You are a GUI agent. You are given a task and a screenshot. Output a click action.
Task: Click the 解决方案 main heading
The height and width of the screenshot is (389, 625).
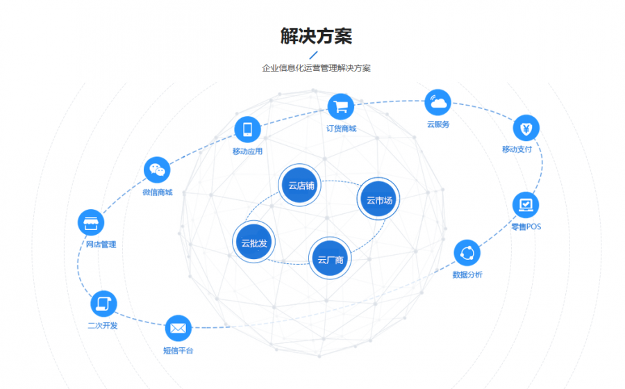(x=316, y=36)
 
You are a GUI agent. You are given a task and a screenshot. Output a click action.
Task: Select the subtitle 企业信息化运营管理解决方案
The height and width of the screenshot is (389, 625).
(x=316, y=68)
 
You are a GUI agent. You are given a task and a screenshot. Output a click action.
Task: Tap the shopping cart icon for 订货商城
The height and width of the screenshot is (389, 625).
(x=341, y=107)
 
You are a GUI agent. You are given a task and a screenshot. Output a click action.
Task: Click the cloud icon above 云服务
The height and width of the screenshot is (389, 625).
(x=438, y=102)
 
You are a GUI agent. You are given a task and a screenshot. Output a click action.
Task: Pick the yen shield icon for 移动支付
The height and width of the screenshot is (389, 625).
(x=526, y=129)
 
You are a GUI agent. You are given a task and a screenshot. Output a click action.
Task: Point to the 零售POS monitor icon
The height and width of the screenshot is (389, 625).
(x=526, y=205)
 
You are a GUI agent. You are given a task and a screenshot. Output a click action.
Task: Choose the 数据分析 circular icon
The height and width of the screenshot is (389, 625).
(x=467, y=253)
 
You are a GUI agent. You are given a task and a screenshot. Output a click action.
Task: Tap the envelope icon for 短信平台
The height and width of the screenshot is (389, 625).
(x=178, y=329)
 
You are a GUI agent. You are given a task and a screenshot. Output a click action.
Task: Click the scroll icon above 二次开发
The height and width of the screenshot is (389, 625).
(x=103, y=304)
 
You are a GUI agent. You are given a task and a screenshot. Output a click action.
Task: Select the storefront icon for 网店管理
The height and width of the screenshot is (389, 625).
(x=91, y=222)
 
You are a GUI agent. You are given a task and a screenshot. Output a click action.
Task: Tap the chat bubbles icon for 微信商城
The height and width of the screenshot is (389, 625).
(x=157, y=170)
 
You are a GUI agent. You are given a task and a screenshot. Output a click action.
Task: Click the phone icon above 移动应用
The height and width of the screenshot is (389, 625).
(x=247, y=129)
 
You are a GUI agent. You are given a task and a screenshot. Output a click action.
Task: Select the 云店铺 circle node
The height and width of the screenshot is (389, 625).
(x=300, y=185)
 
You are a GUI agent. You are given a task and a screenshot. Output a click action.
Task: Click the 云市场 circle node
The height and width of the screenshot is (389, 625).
(x=378, y=199)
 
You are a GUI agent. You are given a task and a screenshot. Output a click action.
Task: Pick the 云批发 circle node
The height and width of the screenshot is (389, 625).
(x=254, y=242)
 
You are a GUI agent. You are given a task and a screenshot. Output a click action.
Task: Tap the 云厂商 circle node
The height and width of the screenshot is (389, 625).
(x=330, y=258)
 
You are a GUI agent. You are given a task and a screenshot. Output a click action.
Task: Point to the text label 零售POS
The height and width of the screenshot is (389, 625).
(x=526, y=226)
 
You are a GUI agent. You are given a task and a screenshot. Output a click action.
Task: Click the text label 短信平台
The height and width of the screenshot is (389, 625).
(x=178, y=351)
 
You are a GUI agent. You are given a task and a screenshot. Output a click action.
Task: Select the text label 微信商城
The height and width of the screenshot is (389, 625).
(x=158, y=192)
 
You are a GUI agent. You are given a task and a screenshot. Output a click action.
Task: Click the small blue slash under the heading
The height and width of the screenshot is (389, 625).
(x=314, y=55)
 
